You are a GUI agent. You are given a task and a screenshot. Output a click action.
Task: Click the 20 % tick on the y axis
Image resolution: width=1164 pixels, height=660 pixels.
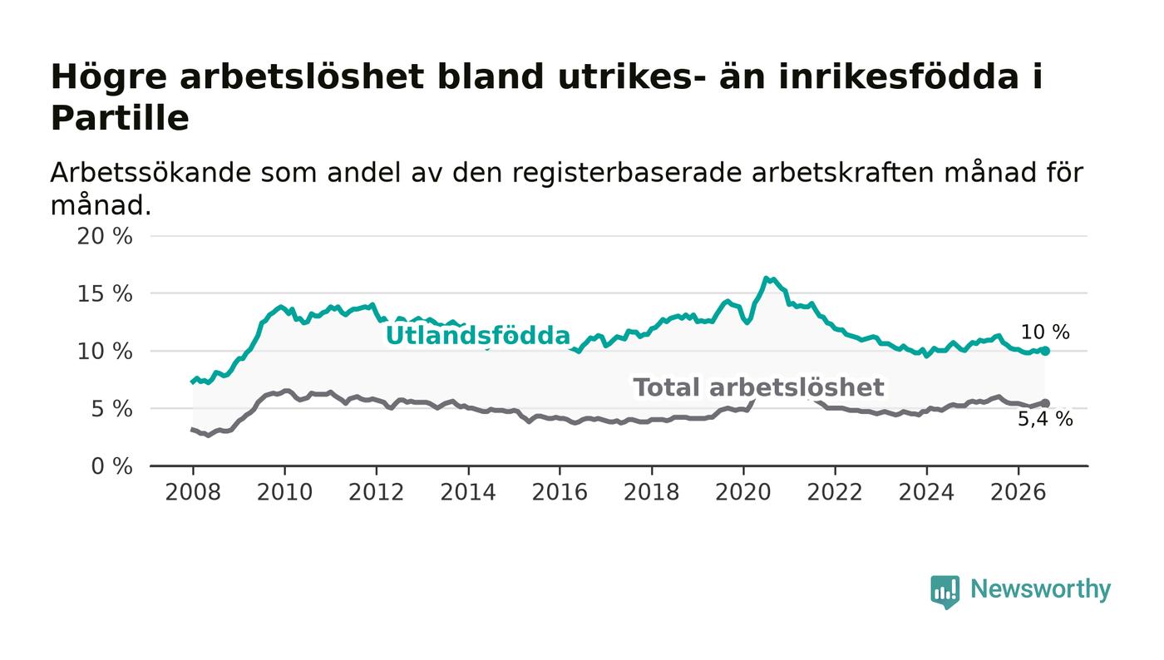[x=105, y=236]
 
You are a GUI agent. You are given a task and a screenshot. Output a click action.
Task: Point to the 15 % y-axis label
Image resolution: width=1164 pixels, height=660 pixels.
[x=105, y=294]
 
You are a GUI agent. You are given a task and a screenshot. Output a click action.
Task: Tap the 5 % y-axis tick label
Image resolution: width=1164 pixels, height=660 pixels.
[x=111, y=410]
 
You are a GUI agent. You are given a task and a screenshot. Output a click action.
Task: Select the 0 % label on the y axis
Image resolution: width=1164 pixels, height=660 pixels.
[x=111, y=466]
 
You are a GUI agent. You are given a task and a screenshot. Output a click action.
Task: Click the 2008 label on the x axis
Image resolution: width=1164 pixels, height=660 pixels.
[x=193, y=492]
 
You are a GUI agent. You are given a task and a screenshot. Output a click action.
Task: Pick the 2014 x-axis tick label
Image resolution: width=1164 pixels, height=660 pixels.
[x=467, y=492]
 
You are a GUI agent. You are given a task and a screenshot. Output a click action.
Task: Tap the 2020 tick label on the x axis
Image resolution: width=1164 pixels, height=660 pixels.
[x=743, y=492]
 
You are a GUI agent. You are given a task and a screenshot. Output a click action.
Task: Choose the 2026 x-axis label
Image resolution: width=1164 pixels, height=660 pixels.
[x=1018, y=492]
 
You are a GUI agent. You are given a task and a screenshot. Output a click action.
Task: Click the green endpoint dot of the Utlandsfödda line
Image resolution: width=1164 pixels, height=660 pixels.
[x=1046, y=352]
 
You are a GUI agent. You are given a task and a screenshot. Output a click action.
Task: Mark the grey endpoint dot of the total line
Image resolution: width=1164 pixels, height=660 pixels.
[x=1046, y=403]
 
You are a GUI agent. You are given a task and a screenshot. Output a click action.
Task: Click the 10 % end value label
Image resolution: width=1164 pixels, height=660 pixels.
[x=1045, y=332]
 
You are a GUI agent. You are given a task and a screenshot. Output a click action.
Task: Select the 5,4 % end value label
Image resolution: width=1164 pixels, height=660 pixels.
[x=1045, y=419]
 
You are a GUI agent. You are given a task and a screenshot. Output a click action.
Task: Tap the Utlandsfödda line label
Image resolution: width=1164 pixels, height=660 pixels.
[x=478, y=336]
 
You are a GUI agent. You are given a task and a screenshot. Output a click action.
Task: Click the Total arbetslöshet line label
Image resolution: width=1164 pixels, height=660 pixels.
[x=758, y=387]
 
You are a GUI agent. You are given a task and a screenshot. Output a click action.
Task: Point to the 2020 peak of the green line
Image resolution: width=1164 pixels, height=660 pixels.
[x=766, y=278]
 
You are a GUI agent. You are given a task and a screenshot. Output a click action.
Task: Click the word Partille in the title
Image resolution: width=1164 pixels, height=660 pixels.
[x=120, y=118]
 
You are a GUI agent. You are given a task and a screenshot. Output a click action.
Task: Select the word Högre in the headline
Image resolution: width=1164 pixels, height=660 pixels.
[x=109, y=78]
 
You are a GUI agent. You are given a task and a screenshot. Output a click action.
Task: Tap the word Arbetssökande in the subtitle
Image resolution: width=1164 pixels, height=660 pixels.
[x=150, y=173]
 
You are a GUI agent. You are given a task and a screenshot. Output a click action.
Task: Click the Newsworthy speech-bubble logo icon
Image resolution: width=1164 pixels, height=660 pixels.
[x=945, y=592]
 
